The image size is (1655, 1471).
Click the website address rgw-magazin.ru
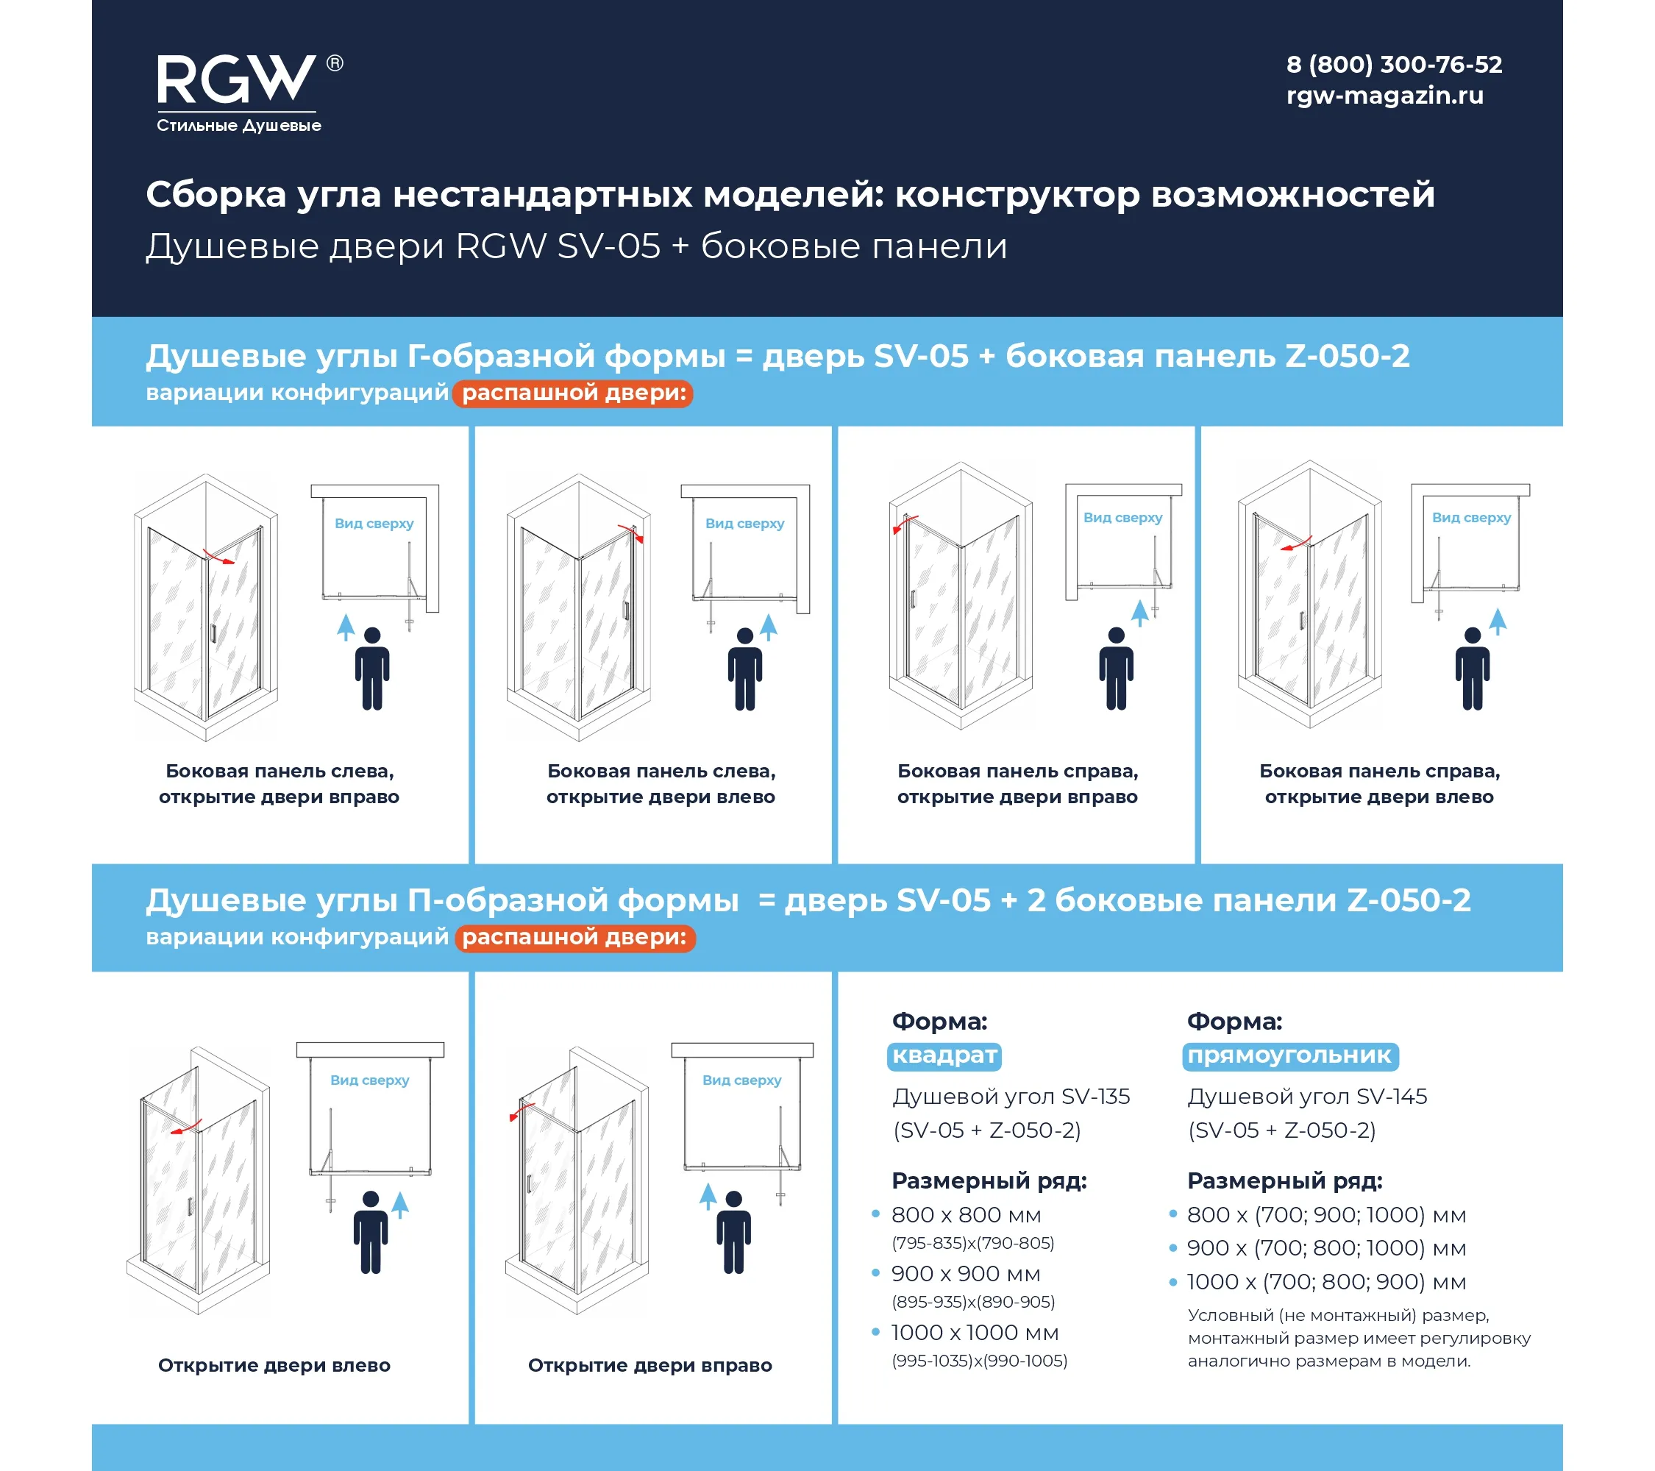tap(1384, 96)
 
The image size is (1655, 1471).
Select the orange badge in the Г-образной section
tap(572, 393)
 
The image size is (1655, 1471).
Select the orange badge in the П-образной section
tap(575, 938)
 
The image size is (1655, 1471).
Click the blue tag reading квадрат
tap(944, 1055)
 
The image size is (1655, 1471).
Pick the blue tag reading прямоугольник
tap(1290, 1055)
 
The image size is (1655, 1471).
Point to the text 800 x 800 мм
tap(966, 1215)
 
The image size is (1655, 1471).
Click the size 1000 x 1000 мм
tap(975, 1333)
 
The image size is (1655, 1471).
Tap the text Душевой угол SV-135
tap(1011, 1097)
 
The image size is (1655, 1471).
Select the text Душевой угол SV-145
tap(1307, 1097)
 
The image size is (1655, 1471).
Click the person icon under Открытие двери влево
tap(371, 1232)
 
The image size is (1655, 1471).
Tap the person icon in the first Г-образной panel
tap(372, 669)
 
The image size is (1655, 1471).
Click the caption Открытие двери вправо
tap(650, 1366)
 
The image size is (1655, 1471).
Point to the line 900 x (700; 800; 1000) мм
tap(1326, 1248)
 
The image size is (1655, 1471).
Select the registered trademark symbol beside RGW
tap(335, 63)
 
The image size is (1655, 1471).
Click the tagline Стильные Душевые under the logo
tap(239, 126)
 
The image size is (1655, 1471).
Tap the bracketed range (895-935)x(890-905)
tap(973, 1302)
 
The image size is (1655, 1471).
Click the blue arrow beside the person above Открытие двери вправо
tap(708, 1197)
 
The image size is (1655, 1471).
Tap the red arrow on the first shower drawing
tap(218, 557)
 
